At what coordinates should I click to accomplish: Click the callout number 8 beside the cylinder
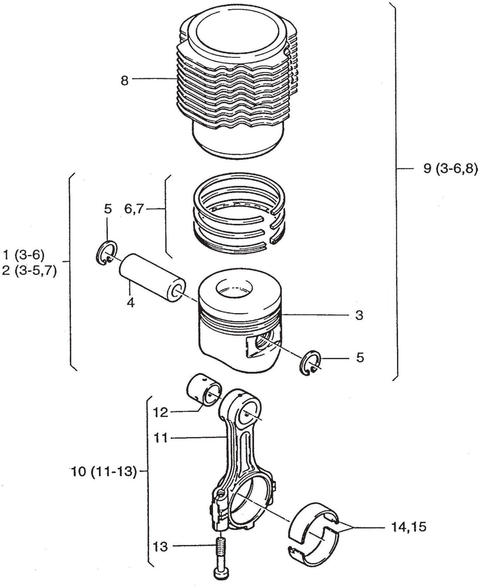pyautogui.click(x=124, y=80)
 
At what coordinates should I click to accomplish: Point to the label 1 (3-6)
pyautogui.click(x=23, y=255)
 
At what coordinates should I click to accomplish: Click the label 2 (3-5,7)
pyautogui.click(x=29, y=271)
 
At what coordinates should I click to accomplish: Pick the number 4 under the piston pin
pyautogui.click(x=131, y=302)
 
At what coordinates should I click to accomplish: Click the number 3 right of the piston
pyautogui.click(x=359, y=315)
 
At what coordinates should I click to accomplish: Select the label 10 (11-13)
pyautogui.click(x=104, y=472)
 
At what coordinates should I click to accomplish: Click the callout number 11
pyautogui.click(x=161, y=438)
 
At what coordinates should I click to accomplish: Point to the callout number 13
pyautogui.click(x=161, y=546)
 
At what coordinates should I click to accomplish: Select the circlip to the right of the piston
pyautogui.click(x=310, y=363)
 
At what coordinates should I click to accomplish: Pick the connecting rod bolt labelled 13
pyautogui.click(x=221, y=558)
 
